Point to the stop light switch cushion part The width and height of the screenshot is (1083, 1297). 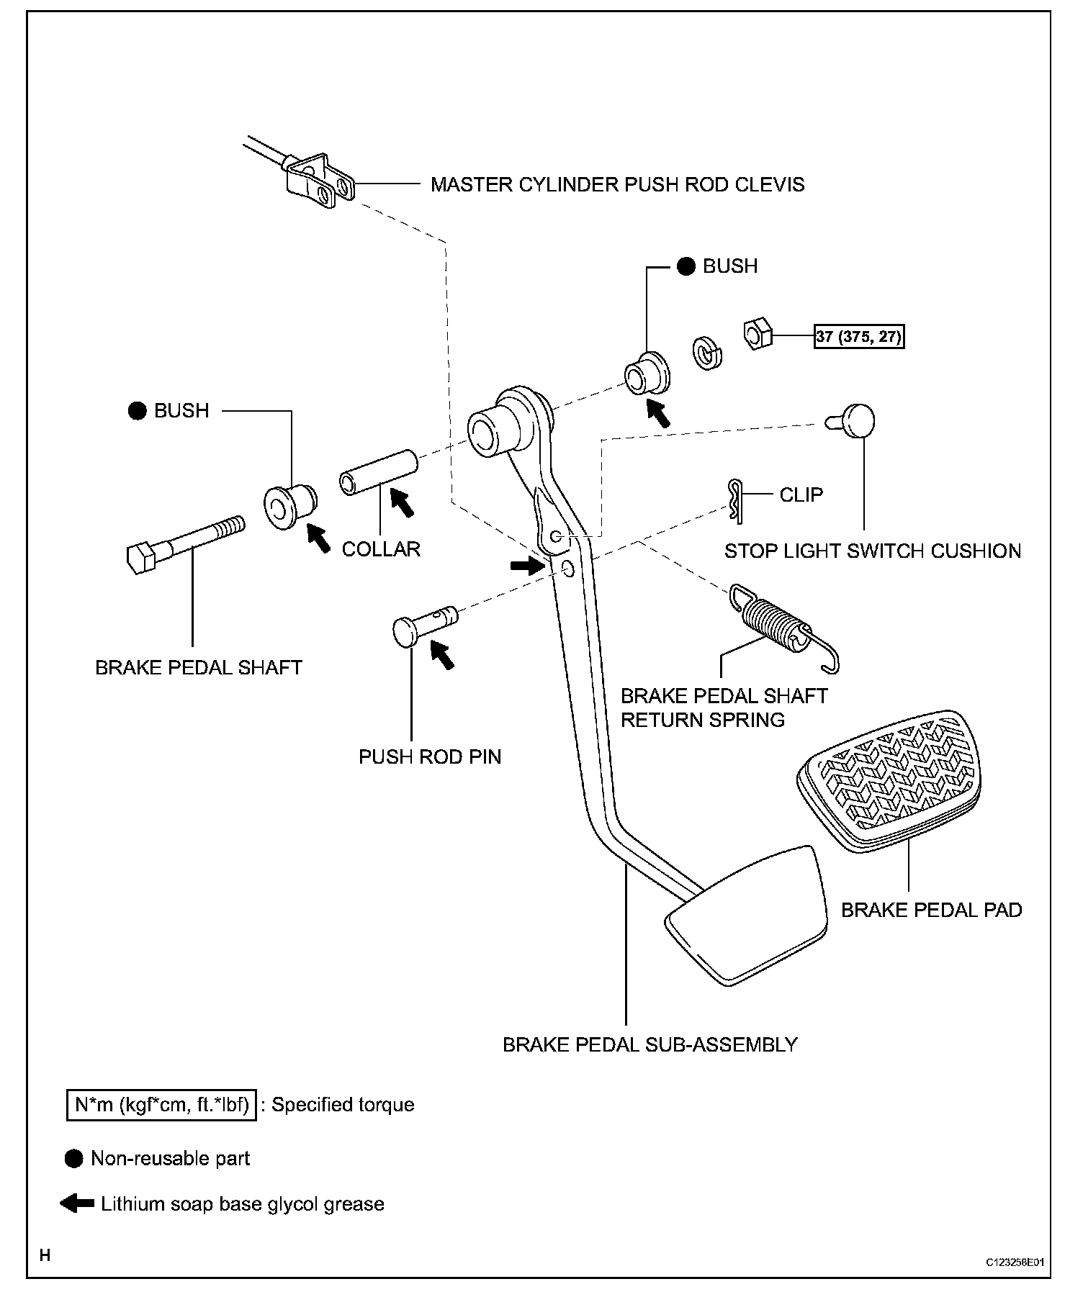856,420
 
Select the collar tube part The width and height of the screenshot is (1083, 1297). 378,472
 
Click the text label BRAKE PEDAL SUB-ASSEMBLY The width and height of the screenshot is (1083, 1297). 650,1044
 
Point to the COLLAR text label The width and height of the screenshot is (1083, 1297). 381,549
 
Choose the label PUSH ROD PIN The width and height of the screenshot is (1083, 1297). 430,756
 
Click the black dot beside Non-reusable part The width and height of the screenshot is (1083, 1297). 73,1158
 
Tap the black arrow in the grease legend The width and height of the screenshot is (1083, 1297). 77,1203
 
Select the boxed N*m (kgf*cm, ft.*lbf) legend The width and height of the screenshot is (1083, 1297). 162,1105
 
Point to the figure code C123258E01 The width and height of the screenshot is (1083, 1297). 1015,1262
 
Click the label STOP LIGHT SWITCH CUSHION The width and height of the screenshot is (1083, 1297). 872,551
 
